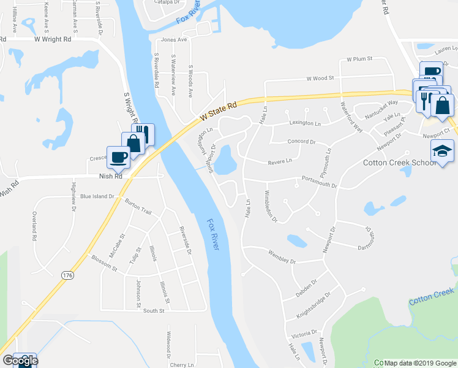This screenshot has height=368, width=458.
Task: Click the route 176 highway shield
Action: [67, 277]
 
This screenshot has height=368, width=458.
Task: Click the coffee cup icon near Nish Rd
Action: [118, 157]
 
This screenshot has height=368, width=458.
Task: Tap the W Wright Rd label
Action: [53, 38]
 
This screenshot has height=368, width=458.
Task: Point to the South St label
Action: [154, 311]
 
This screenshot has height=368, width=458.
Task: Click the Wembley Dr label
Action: [282, 256]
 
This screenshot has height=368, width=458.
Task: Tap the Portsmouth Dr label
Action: [319, 182]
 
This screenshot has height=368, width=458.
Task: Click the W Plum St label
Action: [359, 59]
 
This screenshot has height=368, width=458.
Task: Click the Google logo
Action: [20, 361]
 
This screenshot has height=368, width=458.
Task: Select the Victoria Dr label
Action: [304, 335]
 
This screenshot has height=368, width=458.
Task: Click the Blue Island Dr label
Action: [97, 197]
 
